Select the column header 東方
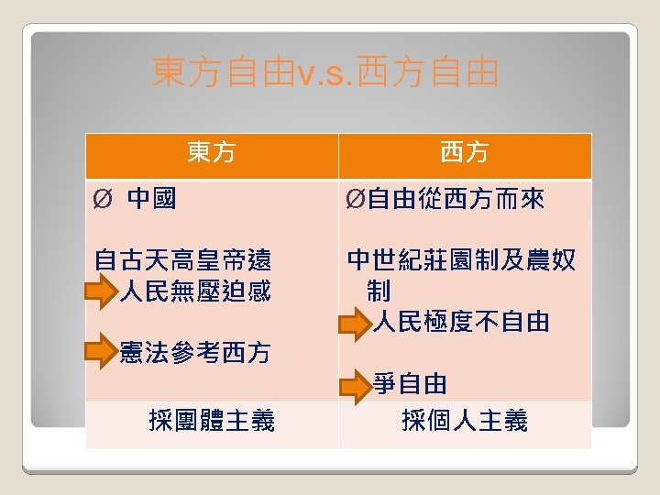pos(212,152)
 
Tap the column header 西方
pos(465,152)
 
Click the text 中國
pos(152,198)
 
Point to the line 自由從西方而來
pos(456,198)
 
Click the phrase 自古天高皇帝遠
pos(183,260)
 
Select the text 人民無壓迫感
pos(195,291)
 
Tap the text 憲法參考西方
pos(195,351)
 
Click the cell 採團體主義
pos(212,421)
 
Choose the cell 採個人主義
pos(465,421)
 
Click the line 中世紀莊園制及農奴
pos(462,260)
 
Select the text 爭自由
pos(411,383)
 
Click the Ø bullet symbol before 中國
pos(103,199)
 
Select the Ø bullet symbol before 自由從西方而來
pos(356,199)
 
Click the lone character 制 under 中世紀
pos(378,291)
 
